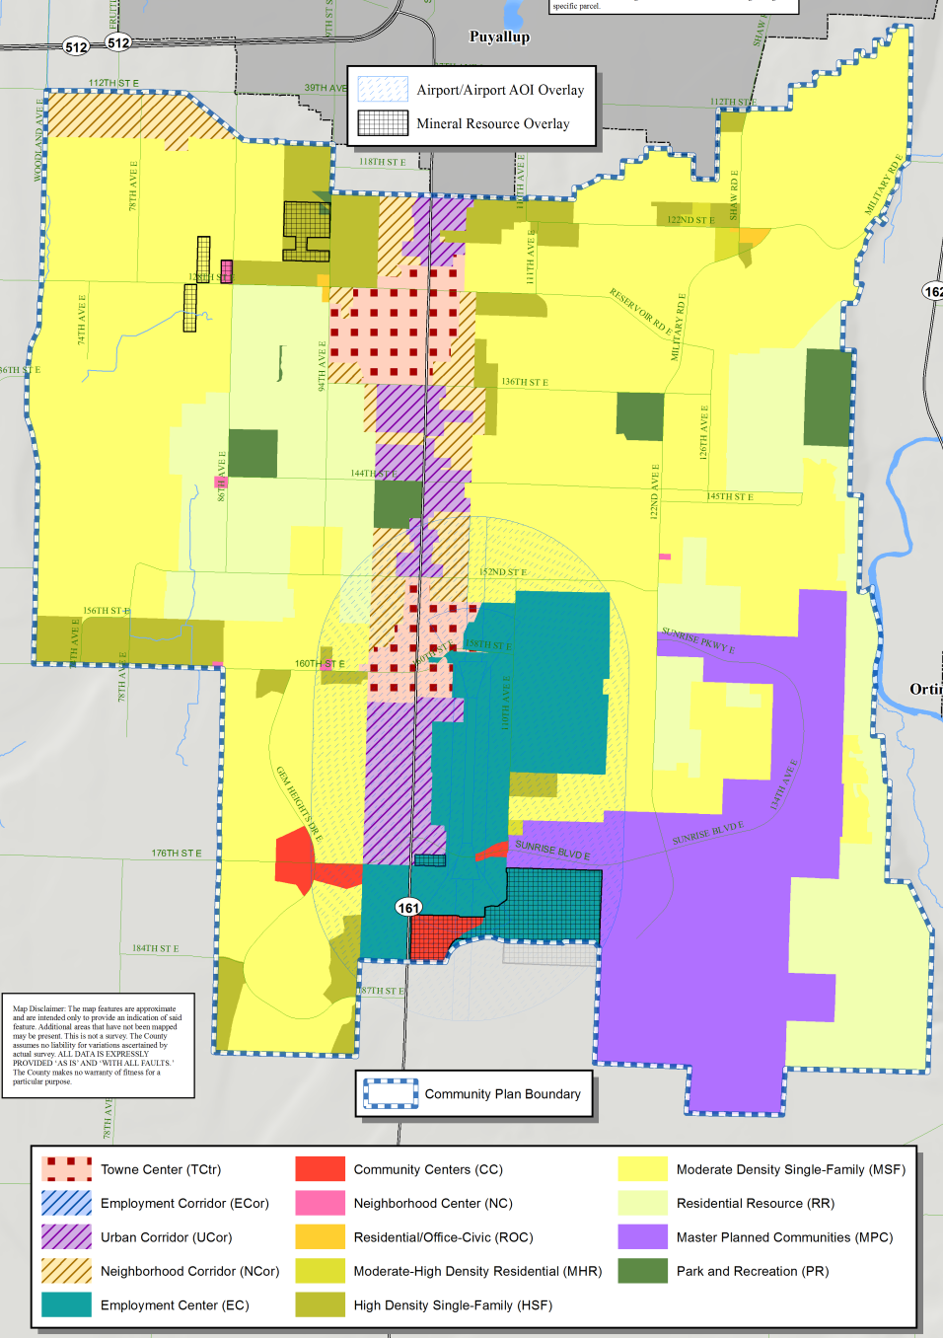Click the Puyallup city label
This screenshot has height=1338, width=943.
pyautogui.click(x=499, y=37)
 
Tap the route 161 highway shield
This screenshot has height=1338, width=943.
pyautogui.click(x=408, y=907)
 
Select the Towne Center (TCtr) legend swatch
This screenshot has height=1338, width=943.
pyautogui.click(x=67, y=1169)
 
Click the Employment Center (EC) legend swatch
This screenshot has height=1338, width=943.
pyautogui.click(x=67, y=1304)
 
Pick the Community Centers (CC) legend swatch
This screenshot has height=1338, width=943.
pyautogui.click(x=320, y=1169)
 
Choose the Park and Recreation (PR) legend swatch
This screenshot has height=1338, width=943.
pyautogui.click(x=642, y=1271)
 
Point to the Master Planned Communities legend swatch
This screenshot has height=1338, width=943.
pyautogui.click(x=642, y=1237)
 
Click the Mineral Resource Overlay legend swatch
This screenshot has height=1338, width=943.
pyautogui.click(x=383, y=123)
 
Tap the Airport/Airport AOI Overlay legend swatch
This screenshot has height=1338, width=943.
pyautogui.click(x=383, y=90)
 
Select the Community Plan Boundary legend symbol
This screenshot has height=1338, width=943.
pyautogui.click(x=392, y=1093)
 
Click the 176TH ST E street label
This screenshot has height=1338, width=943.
pyautogui.click(x=177, y=853)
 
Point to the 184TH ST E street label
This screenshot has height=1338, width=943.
pyautogui.click(x=156, y=948)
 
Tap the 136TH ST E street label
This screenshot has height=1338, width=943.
pyautogui.click(x=525, y=382)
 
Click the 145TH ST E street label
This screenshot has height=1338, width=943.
pyautogui.click(x=730, y=496)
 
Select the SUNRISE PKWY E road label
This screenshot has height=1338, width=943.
pyautogui.click(x=698, y=639)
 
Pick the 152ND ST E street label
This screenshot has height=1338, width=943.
pyautogui.click(x=503, y=571)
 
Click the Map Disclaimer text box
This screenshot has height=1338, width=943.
pyautogui.click(x=98, y=1045)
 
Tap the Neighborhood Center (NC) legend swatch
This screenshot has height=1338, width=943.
pyautogui.click(x=320, y=1203)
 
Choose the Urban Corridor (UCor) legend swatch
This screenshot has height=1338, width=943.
pyautogui.click(x=67, y=1237)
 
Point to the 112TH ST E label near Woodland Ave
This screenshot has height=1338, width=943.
pyautogui.click(x=113, y=83)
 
